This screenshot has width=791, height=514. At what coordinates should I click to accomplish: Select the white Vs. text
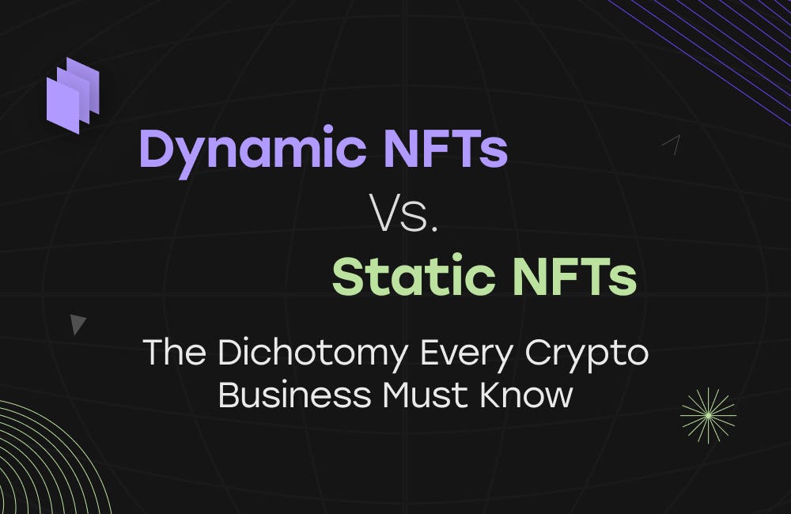(403, 214)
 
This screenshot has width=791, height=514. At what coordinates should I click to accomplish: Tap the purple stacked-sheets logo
(73, 95)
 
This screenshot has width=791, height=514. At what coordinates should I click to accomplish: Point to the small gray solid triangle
(77, 323)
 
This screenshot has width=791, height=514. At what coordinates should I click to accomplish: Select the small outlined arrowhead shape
(672, 143)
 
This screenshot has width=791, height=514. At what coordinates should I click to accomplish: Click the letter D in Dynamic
(155, 148)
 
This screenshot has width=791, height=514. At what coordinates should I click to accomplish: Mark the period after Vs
(433, 229)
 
